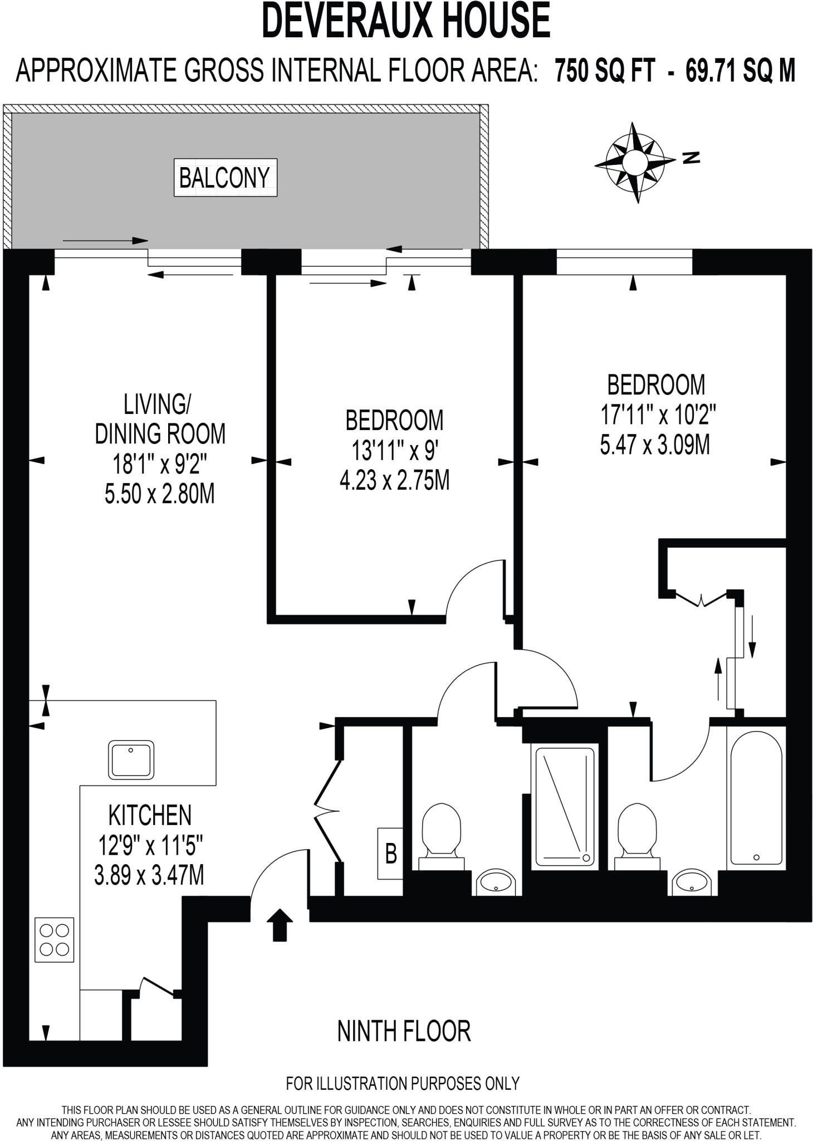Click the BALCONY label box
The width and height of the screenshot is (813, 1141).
[225, 178]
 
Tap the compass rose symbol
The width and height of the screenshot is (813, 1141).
[634, 162]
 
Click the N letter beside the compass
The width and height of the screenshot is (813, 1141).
[691, 158]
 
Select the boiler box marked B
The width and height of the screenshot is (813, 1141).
[390, 854]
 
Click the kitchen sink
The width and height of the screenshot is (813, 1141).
[131, 759]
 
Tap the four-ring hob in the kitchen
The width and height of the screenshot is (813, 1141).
[55, 940]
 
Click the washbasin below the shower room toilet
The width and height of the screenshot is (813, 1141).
[497, 882]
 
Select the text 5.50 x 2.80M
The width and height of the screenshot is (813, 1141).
[159, 494]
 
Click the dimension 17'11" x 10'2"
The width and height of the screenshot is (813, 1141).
[657, 415]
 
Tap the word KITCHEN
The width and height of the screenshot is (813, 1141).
[150, 815]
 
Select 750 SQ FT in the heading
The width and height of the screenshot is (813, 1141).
[604, 71]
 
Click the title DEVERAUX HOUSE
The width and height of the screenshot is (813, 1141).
[406, 21]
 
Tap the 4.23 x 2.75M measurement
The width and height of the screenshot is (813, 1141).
[394, 480]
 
